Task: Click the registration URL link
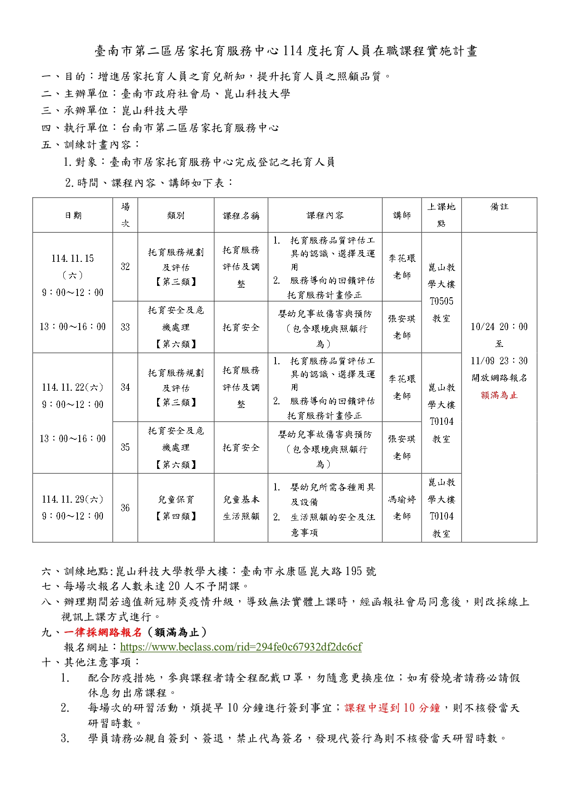point(241,647)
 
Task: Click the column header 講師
point(402,215)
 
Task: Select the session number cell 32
point(125,267)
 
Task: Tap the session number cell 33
point(125,327)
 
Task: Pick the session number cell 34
point(125,387)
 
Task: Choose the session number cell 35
point(125,447)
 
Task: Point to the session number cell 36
point(125,508)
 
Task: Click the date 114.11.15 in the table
point(72,259)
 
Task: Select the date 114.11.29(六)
point(72,499)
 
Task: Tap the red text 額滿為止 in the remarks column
point(499,395)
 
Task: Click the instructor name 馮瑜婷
point(402,499)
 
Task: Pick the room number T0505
point(441,301)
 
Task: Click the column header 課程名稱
point(241,215)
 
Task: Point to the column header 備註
point(499,207)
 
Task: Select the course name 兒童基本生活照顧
point(241,508)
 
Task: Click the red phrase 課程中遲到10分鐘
point(392,708)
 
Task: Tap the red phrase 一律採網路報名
point(103,632)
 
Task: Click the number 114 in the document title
point(293,51)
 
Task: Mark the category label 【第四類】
point(176,516)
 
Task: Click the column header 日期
point(73,215)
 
